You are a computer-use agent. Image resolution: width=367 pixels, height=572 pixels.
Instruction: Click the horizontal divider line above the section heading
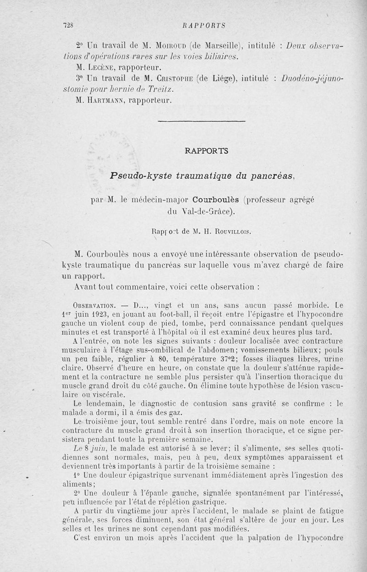coord(201,121)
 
